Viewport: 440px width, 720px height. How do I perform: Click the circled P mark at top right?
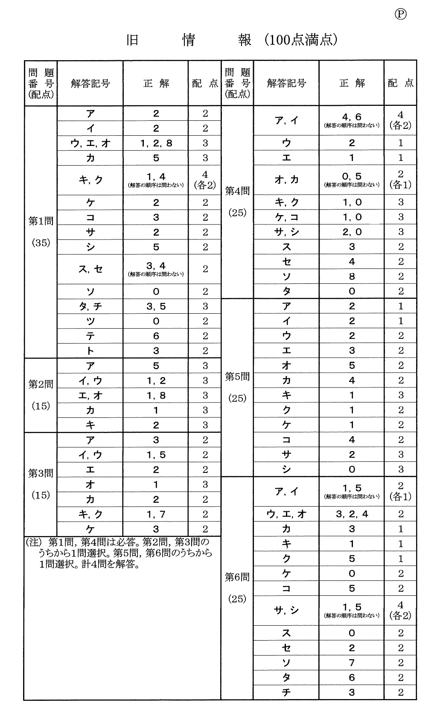(x=400, y=14)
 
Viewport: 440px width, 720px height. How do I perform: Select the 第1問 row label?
(x=41, y=221)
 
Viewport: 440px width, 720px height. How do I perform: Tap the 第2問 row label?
(x=41, y=385)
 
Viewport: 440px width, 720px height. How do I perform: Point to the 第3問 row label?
(x=41, y=473)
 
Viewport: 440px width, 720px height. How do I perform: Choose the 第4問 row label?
(x=237, y=191)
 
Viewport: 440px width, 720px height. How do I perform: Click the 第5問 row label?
(x=237, y=377)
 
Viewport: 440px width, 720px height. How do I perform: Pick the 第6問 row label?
(x=237, y=577)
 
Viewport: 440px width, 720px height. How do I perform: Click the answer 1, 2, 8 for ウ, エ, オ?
(x=156, y=143)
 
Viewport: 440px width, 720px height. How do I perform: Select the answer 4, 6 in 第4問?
(x=352, y=117)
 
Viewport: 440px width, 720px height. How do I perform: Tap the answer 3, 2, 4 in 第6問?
(x=352, y=514)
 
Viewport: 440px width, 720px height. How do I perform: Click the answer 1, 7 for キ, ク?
(x=156, y=515)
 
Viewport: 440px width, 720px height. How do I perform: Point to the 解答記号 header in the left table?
(x=90, y=84)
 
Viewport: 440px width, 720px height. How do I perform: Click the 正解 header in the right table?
(x=352, y=84)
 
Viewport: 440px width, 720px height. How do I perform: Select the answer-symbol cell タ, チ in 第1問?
(x=90, y=306)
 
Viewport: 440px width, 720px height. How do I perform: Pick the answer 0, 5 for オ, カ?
(x=352, y=176)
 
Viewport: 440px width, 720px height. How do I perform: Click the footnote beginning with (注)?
(x=122, y=553)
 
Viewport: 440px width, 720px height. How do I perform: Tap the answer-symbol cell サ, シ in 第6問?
(x=286, y=611)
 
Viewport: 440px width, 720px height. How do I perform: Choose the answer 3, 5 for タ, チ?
(x=156, y=306)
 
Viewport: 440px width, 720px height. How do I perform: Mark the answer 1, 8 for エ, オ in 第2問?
(x=156, y=396)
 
